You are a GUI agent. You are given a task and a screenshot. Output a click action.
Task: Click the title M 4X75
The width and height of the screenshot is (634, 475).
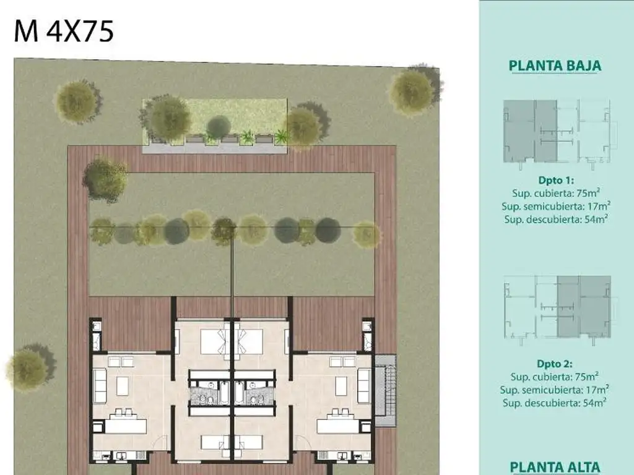tap(64, 32)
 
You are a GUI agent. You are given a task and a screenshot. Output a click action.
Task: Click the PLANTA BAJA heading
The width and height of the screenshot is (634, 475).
tap(555, 66)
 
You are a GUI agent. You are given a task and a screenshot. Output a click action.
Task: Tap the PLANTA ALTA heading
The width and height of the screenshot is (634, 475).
tap(555, 468)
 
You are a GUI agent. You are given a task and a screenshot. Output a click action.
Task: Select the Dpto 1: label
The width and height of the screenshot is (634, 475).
tap(556, 180)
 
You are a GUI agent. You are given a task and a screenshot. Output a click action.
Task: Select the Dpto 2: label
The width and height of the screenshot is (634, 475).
tap(554, 364)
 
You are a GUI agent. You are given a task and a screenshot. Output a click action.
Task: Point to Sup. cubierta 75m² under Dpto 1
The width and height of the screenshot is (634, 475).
tap(556, 193)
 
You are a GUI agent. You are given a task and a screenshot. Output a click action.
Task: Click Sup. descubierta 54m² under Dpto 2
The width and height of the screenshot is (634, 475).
tap(554, 402)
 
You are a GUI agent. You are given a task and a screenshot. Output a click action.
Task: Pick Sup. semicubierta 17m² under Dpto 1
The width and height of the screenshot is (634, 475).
tap(556, 206)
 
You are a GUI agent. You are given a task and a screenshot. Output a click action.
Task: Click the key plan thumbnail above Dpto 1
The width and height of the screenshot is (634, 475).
tap(560, 132)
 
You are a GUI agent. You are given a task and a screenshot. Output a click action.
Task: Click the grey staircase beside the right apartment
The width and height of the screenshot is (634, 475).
tap(385, 390)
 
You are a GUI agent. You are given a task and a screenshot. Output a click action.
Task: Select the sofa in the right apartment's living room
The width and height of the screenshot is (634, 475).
tap(364, 385)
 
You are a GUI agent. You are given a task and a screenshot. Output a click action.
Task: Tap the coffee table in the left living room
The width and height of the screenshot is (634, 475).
tap(123, 386)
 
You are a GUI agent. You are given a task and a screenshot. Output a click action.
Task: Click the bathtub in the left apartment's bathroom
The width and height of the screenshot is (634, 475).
tap(224, 392)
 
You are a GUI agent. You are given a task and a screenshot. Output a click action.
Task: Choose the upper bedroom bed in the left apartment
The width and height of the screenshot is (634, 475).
tap(215, 341)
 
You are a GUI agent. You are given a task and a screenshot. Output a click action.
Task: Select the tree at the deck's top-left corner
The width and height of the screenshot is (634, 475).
tap(105, 180)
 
